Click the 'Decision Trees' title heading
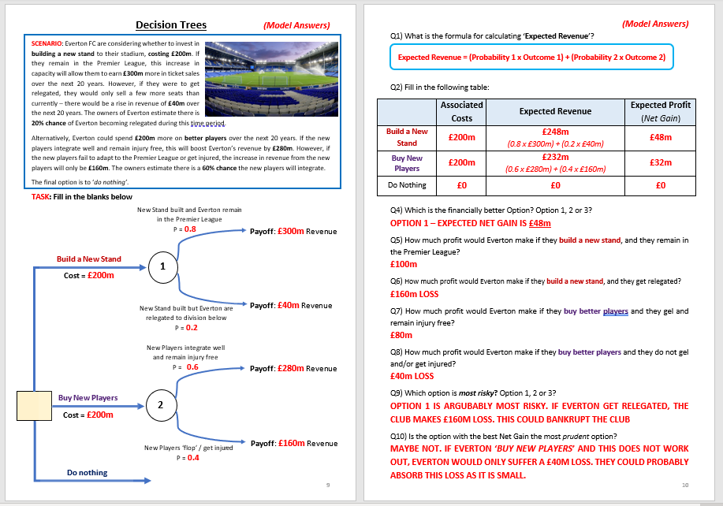click(x=171, y=24)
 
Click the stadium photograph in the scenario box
click(x=276, y=77)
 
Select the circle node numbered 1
click(x=162, y=266)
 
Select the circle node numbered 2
click(x=160, y=405)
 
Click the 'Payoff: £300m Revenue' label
click(x=293, y=231)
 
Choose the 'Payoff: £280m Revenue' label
click(x=293, y=368)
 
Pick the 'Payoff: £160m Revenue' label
click(x=293, y=443)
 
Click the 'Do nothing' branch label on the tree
click(x=87, y=473)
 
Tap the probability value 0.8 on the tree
click(x=190, y=229)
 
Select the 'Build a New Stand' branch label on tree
click(x=88, y=259)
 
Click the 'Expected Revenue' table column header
click(x=557, y=111)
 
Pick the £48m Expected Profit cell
click(x=660, y=136)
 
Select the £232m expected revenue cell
click(x=557, y=157)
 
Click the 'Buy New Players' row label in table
click(x=408, y=162)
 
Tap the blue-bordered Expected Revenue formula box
click(x=532, y=58)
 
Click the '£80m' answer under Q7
click(x=401, y=335)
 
